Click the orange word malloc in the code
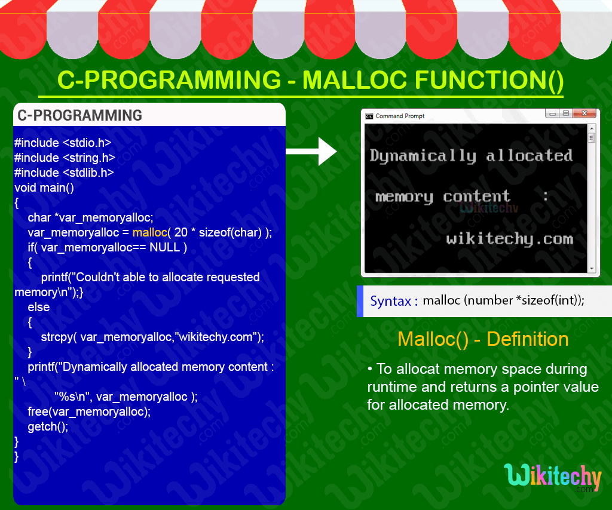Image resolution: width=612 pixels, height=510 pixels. tap(149, 232)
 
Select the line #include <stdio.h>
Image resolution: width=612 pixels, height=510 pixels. tap(63, 143)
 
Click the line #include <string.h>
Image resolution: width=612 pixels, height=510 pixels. tap(65, 158)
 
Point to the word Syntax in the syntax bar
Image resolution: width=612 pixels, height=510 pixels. tap(390, 301)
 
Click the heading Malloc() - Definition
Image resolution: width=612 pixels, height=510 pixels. tap(483, 339)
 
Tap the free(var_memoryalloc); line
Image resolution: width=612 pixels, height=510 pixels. tap(89, 411)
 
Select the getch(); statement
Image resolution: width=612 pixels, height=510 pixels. tap(48, 426)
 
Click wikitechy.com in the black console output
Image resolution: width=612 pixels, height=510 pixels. tap(509, 239)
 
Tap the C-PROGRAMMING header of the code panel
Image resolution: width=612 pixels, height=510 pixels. tap(80, 115)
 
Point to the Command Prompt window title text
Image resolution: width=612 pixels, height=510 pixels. tap(400, 116)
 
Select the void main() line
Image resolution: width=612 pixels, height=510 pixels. tap(44, 188)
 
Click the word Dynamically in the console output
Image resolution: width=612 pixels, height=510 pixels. tap(423, 156)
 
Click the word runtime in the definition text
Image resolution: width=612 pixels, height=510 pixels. tap(392, 387)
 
